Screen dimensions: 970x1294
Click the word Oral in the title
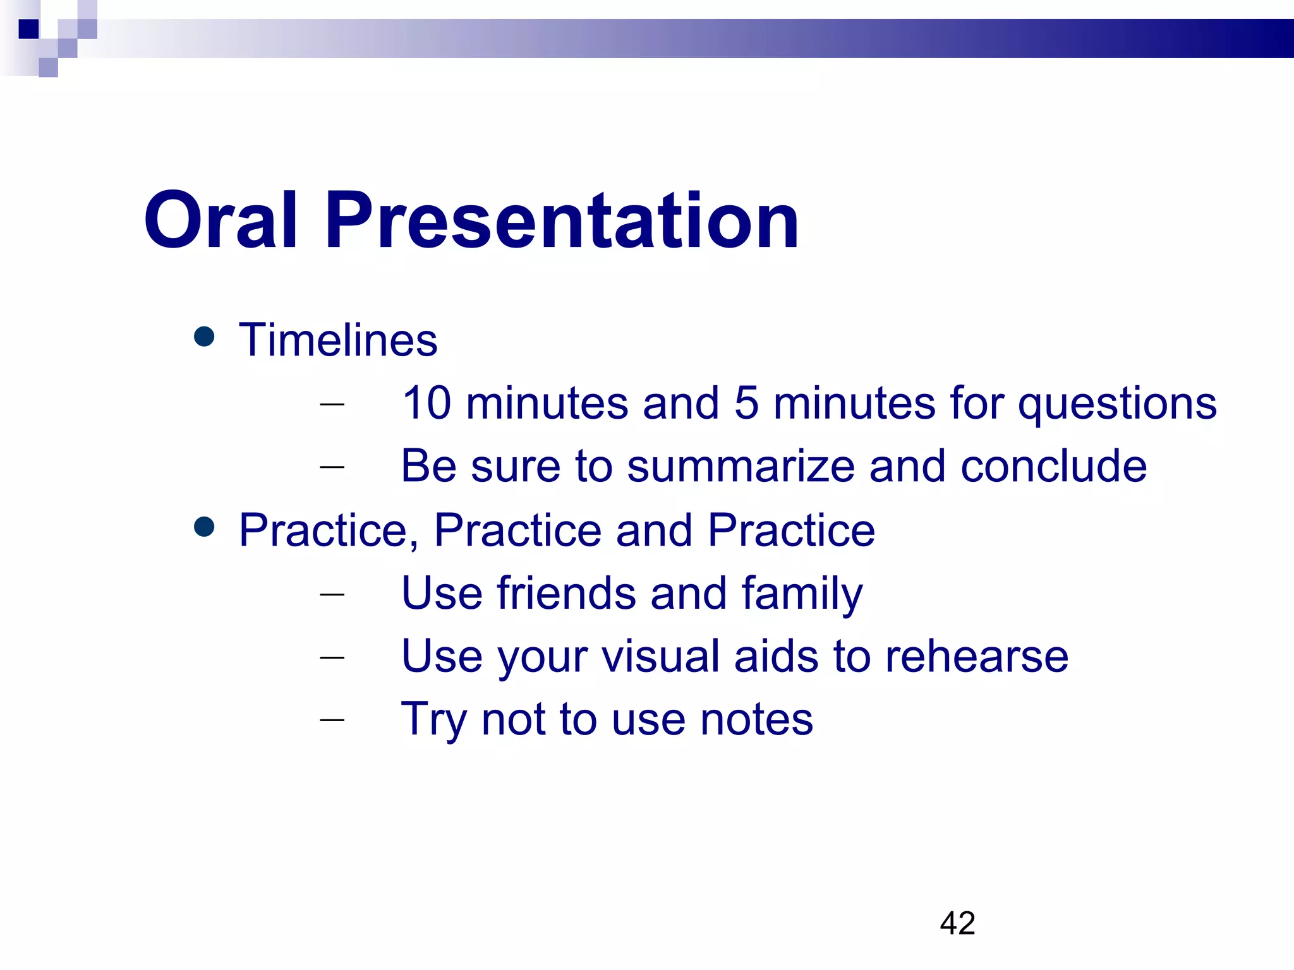click(x=221, y=221)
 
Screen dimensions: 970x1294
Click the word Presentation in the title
click(x=562, y=221)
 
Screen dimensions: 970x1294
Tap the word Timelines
click(x=338, y=340)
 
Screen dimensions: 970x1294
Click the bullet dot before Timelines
click(x=204, y=336)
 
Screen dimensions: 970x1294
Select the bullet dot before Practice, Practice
click(x=204, y=526)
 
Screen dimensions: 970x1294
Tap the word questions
click(x=1117, y=404)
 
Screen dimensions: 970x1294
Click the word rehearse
click(x=976, y=656)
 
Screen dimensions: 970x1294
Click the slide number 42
click(x=957, y=923)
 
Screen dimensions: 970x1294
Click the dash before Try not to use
click(x=332, y=719)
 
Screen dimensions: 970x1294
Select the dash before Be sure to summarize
click(x=332, y=467)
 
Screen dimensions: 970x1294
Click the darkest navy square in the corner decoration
click(x=28, y=29)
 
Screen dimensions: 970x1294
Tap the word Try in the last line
click(x=433, y=720)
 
